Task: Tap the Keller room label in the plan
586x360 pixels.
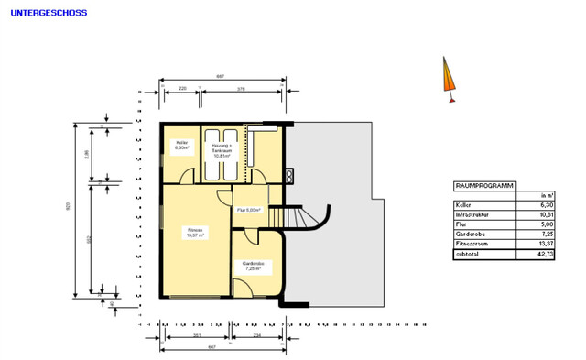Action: [181, 144]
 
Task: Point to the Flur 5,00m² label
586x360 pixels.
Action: [249, 210]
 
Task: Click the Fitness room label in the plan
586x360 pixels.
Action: [194, 232]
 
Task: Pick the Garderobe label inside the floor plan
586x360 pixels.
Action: [254, 267]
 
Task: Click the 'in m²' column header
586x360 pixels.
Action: [547, 195]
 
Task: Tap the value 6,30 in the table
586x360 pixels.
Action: [546, 205]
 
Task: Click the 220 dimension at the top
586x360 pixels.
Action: [182, 89]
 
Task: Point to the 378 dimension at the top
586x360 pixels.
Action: [241, 89]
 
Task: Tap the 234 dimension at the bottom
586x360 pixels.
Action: [257, 336]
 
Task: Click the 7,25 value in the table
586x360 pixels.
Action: [546, 235]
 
